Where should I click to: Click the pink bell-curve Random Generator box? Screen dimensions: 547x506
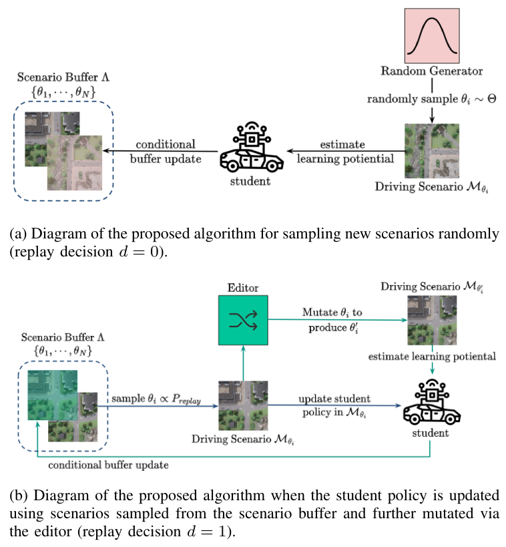point(432,35)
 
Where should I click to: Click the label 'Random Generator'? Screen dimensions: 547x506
point(432,71)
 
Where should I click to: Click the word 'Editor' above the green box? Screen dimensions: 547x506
point(243,288)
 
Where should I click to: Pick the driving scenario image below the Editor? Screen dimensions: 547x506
point(243,405)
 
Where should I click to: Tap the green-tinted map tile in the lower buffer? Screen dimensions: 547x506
point(53,395)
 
